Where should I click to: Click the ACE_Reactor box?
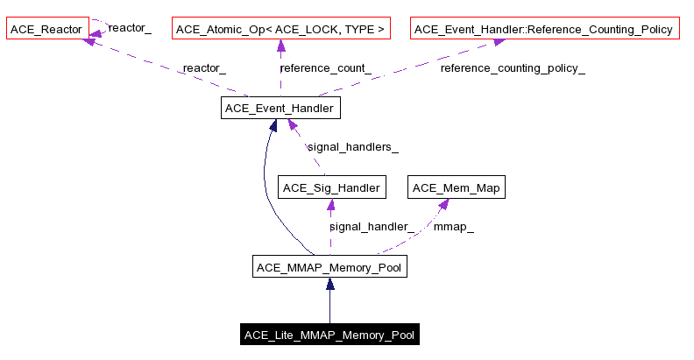point(46,30)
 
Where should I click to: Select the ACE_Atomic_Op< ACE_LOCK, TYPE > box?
point(280,30)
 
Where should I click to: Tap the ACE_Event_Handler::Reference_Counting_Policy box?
point(543,30)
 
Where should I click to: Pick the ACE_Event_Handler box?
point(279,109)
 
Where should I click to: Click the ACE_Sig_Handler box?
point(330,187)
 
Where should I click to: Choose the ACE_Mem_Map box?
point(457,187)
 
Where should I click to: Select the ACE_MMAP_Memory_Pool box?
point(329,266)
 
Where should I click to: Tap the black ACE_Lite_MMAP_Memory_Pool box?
point(329,335)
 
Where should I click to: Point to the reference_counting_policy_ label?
point(513,68)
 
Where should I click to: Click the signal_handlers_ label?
point(352,147)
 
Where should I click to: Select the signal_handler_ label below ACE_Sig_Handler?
point(372,226)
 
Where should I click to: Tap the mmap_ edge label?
point(454,226)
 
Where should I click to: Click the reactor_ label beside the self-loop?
point(130,29)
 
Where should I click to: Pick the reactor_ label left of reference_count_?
point(204,68)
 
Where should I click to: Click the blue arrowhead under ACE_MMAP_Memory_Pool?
point(329,285)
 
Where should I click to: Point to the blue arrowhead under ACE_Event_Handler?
point(273,127)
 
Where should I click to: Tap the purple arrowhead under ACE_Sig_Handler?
point(330,206)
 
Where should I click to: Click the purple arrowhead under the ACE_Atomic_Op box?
point(280,47)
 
